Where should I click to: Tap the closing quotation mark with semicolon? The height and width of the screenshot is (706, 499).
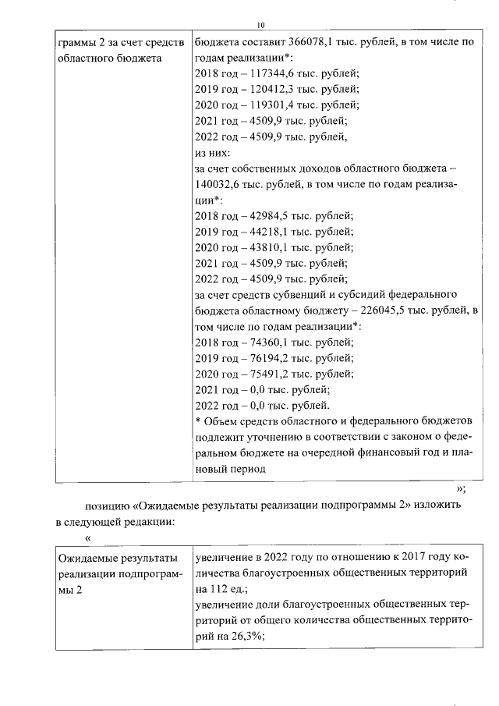coord(460,489)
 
